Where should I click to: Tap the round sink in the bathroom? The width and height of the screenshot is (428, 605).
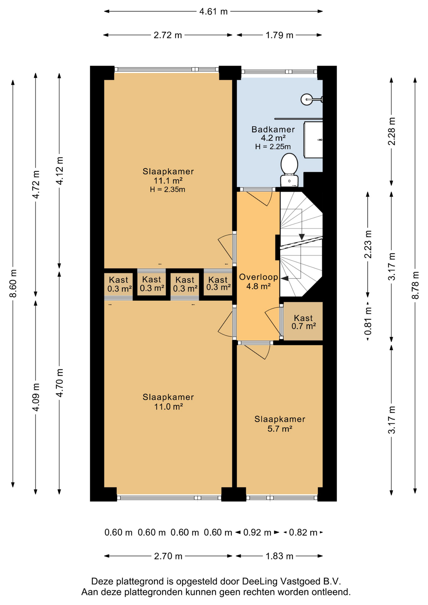[306, 99]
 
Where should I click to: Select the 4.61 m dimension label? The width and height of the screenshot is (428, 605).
[213, 12]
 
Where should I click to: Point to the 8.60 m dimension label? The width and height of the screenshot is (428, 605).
[13, 284]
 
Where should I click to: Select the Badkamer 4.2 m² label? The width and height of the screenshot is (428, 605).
[273, 133]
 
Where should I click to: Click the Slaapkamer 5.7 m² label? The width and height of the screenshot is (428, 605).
[280, 424]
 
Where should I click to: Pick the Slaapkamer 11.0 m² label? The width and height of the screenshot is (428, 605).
[168, 402]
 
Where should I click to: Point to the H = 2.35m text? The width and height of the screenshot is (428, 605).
[167, 189]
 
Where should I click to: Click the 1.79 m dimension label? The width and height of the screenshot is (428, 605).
[279, 35]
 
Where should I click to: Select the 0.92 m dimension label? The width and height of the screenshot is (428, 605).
[257, 533]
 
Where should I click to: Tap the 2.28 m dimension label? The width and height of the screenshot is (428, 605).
[391, 131]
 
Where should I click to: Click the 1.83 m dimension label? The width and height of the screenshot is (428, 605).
[279, 556]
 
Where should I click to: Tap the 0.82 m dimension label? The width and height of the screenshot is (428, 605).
[303, 533]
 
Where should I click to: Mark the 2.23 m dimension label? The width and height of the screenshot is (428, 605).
[368, 244]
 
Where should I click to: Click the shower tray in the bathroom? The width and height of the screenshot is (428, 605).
[313, 140]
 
